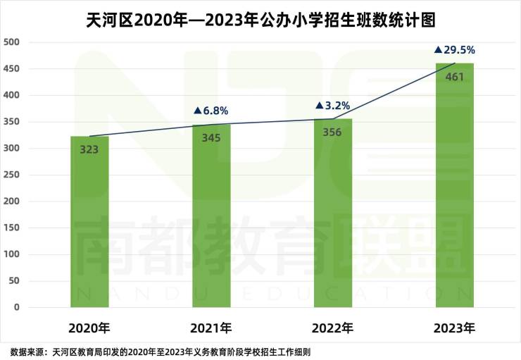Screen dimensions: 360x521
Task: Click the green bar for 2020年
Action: tap(89, 225)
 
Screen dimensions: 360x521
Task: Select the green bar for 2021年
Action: tap(211, 218)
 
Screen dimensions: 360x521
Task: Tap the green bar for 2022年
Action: tap(333, 215)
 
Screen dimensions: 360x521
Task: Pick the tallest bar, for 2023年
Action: tap(454, 190)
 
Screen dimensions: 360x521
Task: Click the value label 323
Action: tap(89, 149)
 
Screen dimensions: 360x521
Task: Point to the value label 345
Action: tap(211, 138)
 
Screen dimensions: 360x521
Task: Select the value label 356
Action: tap(333, 132)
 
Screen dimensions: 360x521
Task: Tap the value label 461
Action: tap(454, 76)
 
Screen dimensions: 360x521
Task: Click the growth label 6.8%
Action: tap(211, 111)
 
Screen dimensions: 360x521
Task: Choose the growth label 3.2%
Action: tap(333, 106)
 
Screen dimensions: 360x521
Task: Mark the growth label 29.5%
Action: tap(455, 50)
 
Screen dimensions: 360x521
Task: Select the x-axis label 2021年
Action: tap(211, 328)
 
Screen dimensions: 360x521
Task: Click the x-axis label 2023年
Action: tap(455, 328)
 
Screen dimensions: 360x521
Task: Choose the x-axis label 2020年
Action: tap(89, 328)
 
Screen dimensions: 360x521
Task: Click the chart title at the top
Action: tap(260, 17)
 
